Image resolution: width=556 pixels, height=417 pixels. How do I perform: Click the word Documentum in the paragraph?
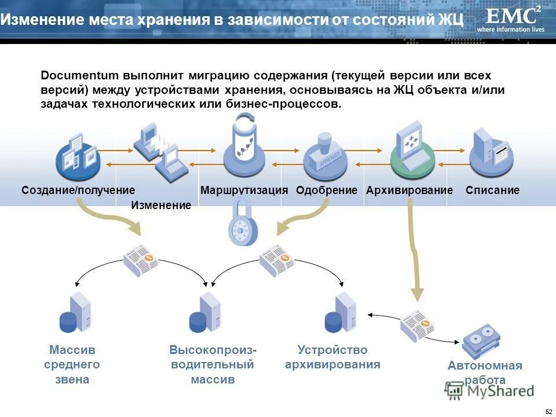click(x=79, y=76)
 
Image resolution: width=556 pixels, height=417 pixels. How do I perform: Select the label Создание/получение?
click(x=78, y=190)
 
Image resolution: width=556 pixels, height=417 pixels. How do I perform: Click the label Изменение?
click(x=161, y=205)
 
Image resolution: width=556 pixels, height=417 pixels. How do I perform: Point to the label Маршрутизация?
click(x=244, y=190)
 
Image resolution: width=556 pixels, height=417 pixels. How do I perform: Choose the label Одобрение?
click(x=327, y=190)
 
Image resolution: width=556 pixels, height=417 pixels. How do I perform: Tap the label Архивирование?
click(x=409, y=190)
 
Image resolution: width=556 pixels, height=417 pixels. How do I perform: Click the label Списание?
click(x=492, y=190)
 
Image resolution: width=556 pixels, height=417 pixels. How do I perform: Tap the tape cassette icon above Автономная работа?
click(x=481, y=341)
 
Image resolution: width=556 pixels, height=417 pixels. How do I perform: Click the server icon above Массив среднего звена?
click(x=75, y=313)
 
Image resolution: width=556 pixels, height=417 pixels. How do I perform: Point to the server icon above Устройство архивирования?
click(x=341, y=313)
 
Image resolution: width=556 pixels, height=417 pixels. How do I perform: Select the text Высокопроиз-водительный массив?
click(x=213, y=365)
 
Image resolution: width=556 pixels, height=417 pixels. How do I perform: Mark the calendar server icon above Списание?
click(x=491, y=152)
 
